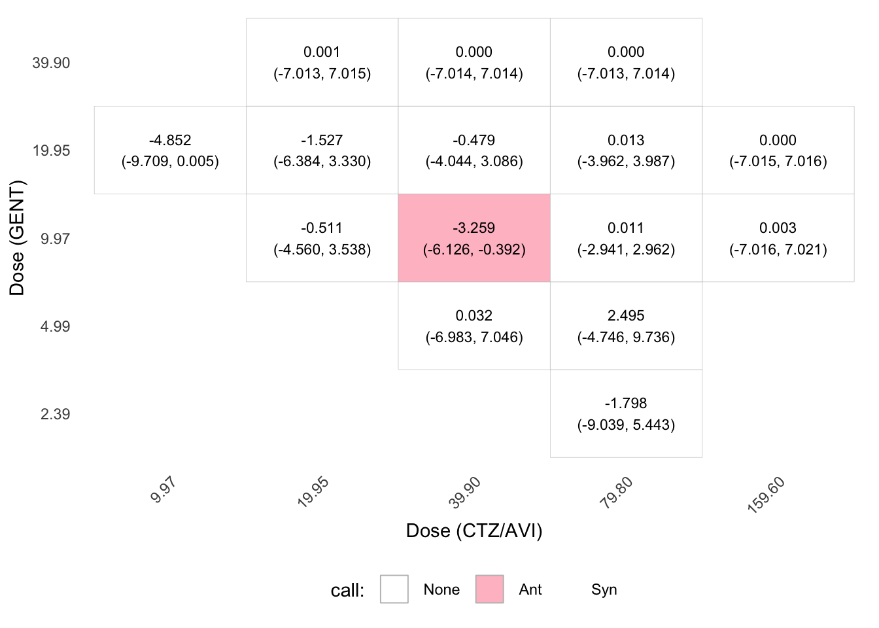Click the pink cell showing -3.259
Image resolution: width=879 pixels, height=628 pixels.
click(x=474, y=238)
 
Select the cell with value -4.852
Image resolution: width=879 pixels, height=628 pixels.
click(x=170, y=150)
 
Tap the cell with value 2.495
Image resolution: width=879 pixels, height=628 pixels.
click(x=627, y=326)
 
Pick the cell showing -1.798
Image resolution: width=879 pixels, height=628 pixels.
click(x=627, y=413)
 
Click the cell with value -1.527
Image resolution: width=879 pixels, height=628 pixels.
click(x=322, y=150)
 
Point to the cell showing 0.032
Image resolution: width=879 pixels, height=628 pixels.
click(x=474, y=326)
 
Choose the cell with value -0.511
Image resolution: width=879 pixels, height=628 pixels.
click(x=322, y=238)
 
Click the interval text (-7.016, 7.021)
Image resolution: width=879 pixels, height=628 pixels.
click(x=778, y=249)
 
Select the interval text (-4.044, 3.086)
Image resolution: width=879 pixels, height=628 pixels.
click(x=474, y=162)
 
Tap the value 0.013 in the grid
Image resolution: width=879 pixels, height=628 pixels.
click(x=626, y=140)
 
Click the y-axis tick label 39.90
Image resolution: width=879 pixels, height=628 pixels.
click(x=51, y=63)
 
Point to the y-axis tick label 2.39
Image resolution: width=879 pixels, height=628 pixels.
click(x=55, y=414)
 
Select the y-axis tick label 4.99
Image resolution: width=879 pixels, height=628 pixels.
click(x=55, y=326)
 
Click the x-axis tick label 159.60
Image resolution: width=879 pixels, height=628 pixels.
click(x=767, y=495)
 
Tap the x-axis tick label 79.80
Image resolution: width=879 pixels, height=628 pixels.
click(x=617, y=493)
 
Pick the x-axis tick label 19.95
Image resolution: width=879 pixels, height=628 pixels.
click(x=313, y=492)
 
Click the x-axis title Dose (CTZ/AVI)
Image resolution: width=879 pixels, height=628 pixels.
click(x=474, y=531)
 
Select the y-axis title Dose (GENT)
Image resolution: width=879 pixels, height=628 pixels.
click(x=17, y=238)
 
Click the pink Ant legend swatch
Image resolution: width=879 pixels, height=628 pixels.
click(x=489, y=589)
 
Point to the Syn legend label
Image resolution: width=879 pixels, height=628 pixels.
click(x=604, y=589)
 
